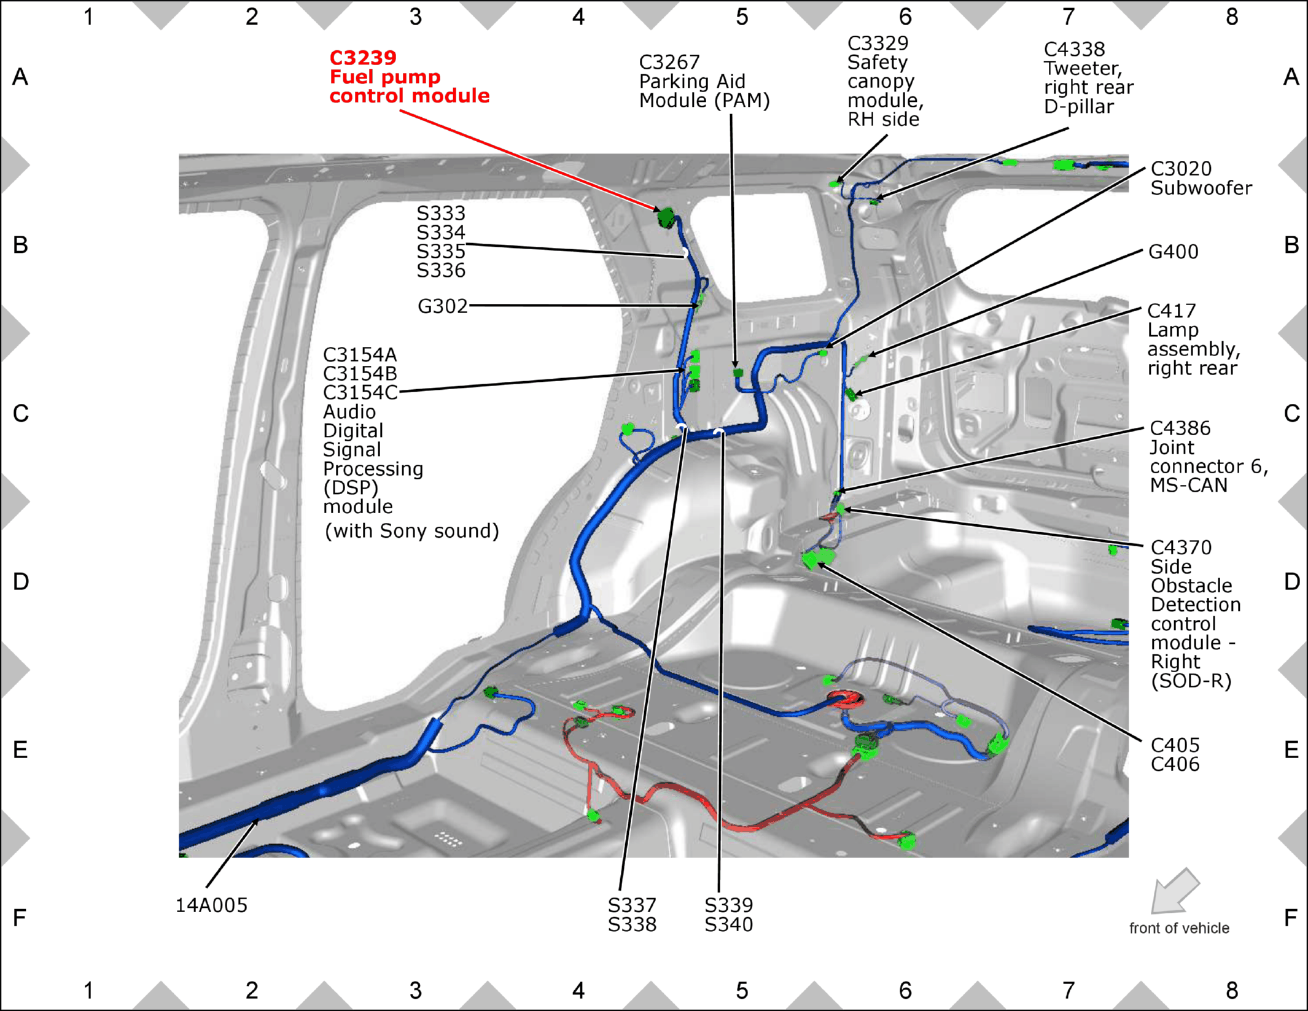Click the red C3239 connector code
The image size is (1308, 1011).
coord(363,58)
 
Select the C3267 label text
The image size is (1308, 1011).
coord(669,62)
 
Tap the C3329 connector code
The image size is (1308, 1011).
coord(878,43)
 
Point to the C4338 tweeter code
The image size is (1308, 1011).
coord(1075,49)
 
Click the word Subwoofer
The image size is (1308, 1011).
coord(1201,188)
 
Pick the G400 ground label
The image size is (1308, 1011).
coord(1174,252)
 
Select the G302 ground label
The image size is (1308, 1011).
coord(443,306)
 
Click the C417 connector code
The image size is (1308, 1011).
coord(1172,311)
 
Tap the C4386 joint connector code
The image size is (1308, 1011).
coord(1180,428)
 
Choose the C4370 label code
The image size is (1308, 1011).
coord(1181,547)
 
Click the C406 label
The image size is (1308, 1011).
coord(1175,764)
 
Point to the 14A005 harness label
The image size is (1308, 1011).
coord(212,905)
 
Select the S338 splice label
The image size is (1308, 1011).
coord(633,924)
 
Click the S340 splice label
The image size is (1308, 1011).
coord(729,924)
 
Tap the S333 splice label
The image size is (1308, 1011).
coord(441,213)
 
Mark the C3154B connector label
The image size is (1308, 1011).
coord(360,373)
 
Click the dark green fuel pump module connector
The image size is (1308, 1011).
coord(666,217)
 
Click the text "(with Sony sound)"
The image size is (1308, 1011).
coord(411,531)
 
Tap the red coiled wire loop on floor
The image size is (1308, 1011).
coord(846,699)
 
